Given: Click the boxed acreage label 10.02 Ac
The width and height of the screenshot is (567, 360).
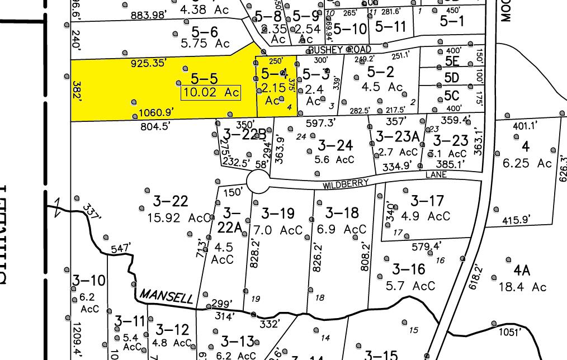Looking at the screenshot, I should (210, 93).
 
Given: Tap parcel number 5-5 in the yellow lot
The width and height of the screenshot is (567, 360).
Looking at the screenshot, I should (204, 78).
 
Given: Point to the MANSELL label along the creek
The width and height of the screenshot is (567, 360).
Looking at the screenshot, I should (166, 295).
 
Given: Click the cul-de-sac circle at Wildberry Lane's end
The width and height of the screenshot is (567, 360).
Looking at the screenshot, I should (258, 182).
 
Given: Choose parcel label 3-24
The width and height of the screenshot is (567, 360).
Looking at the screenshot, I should (336, 145).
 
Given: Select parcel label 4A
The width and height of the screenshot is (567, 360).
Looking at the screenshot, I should (522, 271).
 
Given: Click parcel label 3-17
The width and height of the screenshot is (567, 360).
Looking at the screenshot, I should (427, 201).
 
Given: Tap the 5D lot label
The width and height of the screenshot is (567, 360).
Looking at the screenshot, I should (451, 77).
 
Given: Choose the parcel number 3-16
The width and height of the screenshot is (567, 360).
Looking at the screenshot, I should (408, 269).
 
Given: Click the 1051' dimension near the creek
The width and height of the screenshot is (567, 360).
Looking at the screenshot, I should (510, 332).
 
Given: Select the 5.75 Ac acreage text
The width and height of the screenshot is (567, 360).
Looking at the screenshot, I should (207, 44).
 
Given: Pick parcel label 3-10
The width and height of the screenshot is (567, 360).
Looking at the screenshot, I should (88, 280).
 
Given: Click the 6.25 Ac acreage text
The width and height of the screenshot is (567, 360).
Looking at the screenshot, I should (527, 163).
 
